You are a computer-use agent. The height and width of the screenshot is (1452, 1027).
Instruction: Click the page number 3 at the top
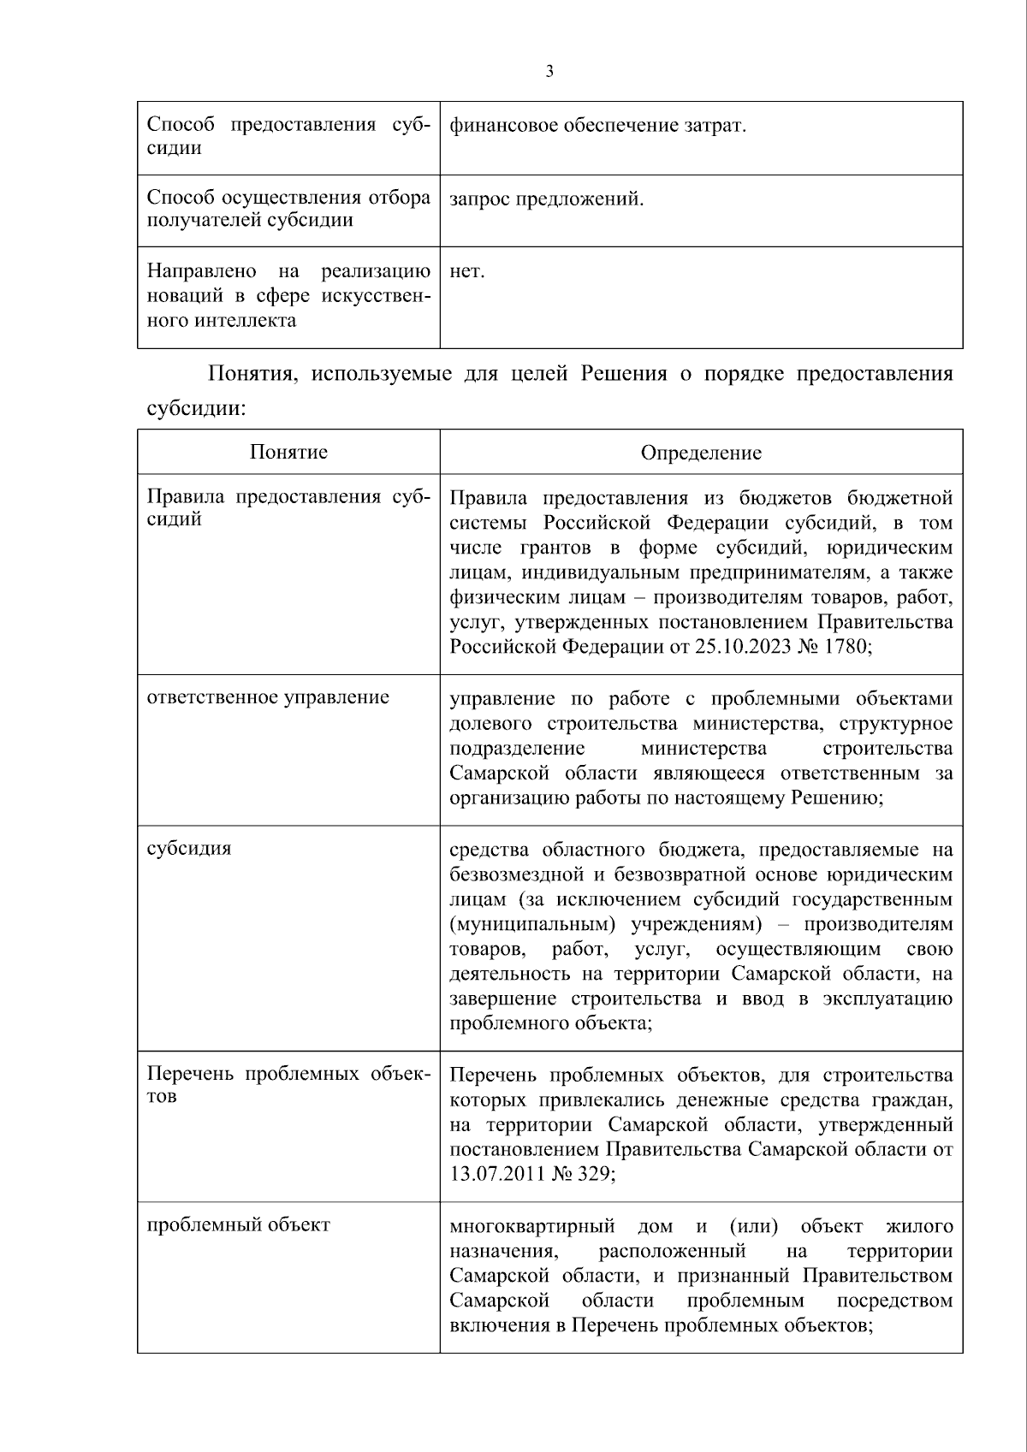pyautogui.click(x=549, y=72)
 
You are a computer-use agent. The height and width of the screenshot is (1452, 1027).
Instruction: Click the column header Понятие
pyautogui.click(x=288, y=452)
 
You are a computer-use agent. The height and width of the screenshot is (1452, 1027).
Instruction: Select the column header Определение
pyautogui.click(x=701, y=453)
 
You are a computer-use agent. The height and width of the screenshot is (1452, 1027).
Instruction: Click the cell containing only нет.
pyautogui.click(x=467, y=272)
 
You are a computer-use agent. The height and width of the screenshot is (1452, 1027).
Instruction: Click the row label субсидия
pyautogui.click(x=189, y=849)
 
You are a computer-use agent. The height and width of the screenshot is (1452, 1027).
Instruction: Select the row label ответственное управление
pyautogui.click(x=268, y=697)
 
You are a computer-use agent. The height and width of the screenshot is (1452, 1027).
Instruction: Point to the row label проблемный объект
pyautogui.click(x=238, y=1224)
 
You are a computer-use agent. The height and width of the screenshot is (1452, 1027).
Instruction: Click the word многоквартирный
pyautogui.click(x=532, y=1227)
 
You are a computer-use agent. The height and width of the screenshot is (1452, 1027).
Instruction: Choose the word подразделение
pyautogui.click(x=517, y=749)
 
